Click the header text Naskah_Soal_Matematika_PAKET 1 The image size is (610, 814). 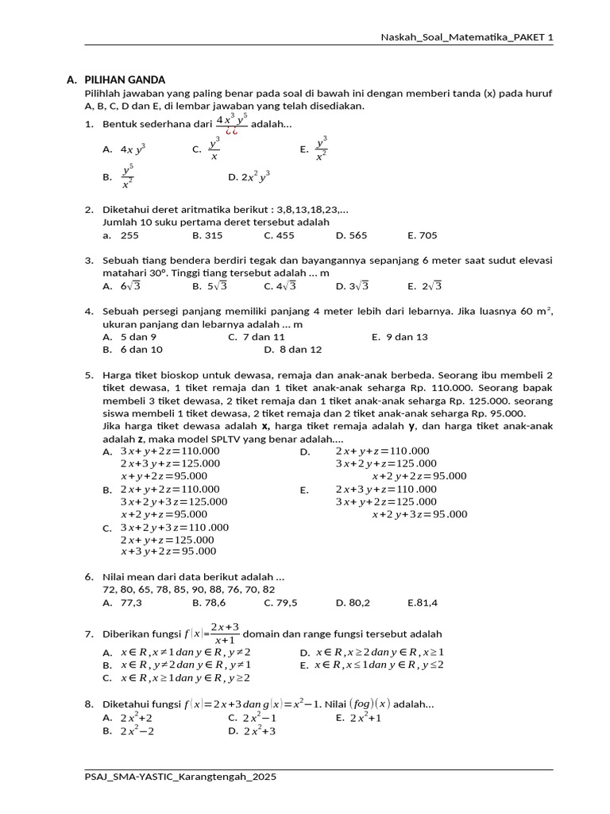coord(467,37)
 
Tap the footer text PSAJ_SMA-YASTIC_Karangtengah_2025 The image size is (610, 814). coord(180,776)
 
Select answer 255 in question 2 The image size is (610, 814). coord(129,235)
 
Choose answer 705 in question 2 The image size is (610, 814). coord(427,235)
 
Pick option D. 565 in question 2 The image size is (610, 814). coord(352,235)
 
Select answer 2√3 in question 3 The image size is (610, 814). coord(431,286)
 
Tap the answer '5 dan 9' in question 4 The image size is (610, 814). coord(138,337)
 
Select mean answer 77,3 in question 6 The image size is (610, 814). coord(131,603)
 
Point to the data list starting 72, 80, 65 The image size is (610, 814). coord(189,590)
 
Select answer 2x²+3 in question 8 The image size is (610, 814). coord(259,731)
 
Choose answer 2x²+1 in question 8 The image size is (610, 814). coord(366,718)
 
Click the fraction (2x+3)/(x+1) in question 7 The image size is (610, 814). coord(226,634)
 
